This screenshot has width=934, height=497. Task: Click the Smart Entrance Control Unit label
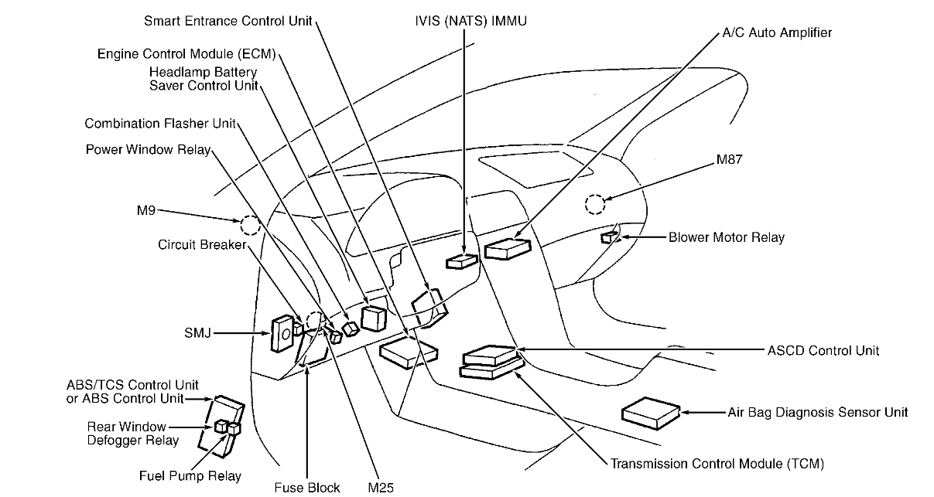(x=228, y=21)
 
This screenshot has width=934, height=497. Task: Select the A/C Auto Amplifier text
(x=777, y=33)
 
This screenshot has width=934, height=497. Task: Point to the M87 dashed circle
(x=595, y=204)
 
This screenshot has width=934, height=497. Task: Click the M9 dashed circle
(x=250, y=225)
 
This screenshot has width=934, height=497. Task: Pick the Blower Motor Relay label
(x=726, y=237)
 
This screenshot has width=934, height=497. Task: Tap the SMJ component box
(x=281, y=334)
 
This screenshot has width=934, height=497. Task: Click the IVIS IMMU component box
(x=462, y=261)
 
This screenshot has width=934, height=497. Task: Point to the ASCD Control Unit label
(x=823, y=350)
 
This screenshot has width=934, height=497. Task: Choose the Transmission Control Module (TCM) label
(x=717, y=464)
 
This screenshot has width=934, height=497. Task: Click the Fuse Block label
(x=306, y=488)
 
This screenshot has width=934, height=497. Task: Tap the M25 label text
(x=381, y=488)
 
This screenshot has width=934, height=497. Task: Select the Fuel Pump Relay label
(x=190, y=476)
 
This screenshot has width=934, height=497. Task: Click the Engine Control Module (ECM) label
(x=186, y=55)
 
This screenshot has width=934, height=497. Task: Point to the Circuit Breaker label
(x=201, y=245)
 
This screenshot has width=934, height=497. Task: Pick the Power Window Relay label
(x=147, y=149)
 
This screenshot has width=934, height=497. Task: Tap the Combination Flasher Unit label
(x=159, y=124)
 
